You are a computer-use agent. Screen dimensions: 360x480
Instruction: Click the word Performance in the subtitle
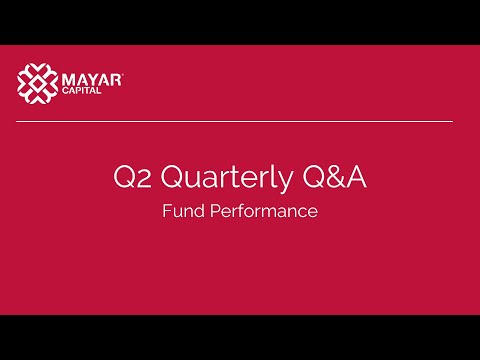point(260,212)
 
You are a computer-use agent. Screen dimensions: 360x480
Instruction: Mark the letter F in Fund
point(167,212)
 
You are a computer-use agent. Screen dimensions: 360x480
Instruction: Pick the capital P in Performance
point(209,212)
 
